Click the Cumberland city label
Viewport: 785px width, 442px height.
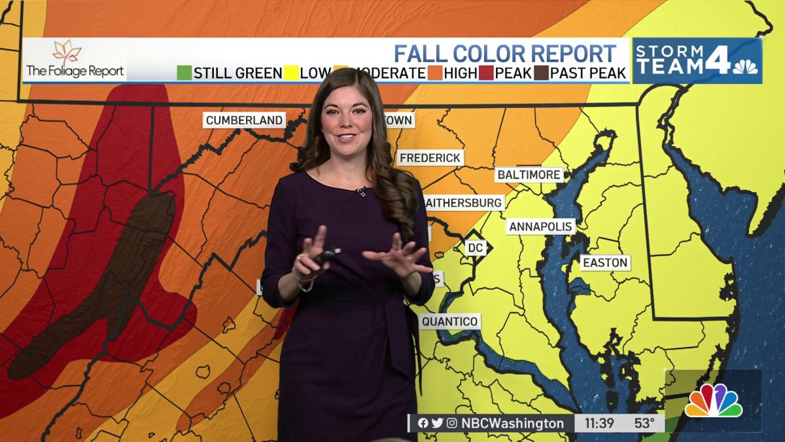coord(244,120)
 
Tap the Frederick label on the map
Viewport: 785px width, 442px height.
coord(430,158)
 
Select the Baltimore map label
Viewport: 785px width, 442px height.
coord(529,175)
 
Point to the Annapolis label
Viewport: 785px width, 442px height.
coord(540,227)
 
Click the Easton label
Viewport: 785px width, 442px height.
coord(605,263)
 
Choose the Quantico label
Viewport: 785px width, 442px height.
coord(449,322)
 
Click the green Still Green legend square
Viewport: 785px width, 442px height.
coord(184,73)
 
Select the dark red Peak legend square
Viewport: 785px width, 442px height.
coord(486,73)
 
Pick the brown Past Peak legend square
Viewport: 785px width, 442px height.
coord(541,73)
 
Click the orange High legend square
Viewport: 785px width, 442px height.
coord(434,73)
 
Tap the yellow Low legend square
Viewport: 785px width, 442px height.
coord(290,73)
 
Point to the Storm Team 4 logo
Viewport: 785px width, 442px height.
coord(697,60)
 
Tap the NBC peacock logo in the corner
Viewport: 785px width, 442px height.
coord(713,401)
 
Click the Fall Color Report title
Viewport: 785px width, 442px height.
coord(504,53)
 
